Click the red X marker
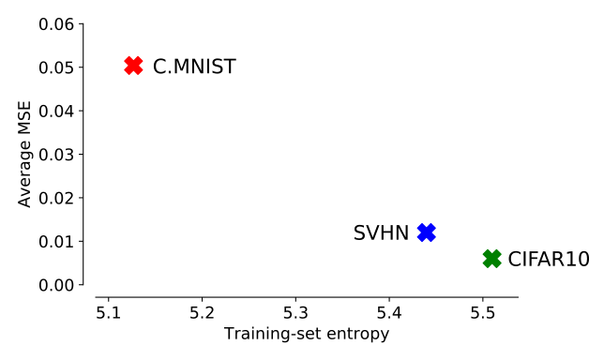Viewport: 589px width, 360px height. pos(133,66)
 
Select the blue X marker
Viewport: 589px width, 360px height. pos(427,232)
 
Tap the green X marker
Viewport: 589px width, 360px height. pos(492,259)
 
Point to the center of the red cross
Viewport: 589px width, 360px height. pos(133,66)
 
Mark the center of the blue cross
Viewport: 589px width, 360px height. pos(427,232)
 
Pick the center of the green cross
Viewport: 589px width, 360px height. pos(492,259)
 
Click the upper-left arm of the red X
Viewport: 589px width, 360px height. pos(128,60)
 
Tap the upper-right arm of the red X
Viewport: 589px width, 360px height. pos(139,60)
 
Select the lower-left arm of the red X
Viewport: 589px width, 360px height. pos(128,71)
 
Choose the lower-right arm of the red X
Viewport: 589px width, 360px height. pos(139,71)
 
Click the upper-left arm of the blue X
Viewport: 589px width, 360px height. pos(421,227)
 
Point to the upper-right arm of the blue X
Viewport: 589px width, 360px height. pos(432,227)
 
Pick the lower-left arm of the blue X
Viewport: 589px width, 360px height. pos(421,238)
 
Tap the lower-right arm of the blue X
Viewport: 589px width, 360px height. pos(432,238)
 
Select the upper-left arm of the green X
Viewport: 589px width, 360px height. pos(487,253)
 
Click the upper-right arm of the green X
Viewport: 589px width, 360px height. pos(498,253)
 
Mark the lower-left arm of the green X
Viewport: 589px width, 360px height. pos(487,264)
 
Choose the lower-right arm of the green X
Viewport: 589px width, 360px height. pos(498,264)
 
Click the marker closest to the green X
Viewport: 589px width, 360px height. pos(427,232)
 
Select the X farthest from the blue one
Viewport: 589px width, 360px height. pos(133,66)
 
